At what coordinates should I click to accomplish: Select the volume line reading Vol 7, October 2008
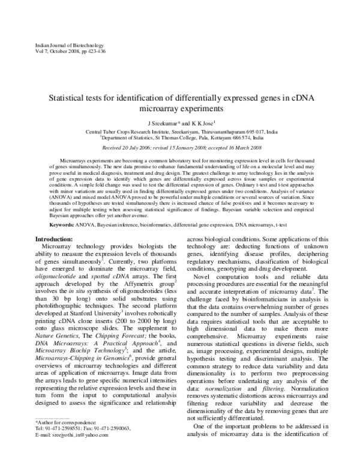coord(54,52)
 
